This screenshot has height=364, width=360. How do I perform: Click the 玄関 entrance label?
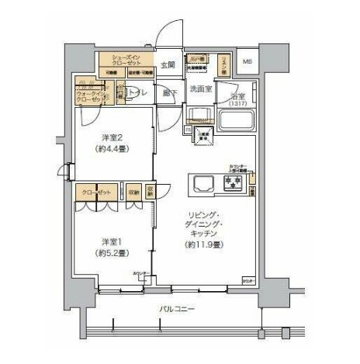tap(168, 64)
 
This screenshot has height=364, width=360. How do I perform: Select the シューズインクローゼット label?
tap(126, 60)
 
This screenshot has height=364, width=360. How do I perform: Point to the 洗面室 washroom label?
tap(203, 89)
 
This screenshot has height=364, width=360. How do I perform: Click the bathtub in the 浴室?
tap(239, 122)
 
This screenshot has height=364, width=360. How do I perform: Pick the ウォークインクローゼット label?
tap(89, 96)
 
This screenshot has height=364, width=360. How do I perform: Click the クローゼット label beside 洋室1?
tap(95, 191)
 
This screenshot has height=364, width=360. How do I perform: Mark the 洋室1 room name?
tap(108, 241)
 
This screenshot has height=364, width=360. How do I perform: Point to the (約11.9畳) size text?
tap(206, 245)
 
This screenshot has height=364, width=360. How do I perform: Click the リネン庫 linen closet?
tap(223, 61)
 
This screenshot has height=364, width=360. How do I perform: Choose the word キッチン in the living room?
tap(206, 233)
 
